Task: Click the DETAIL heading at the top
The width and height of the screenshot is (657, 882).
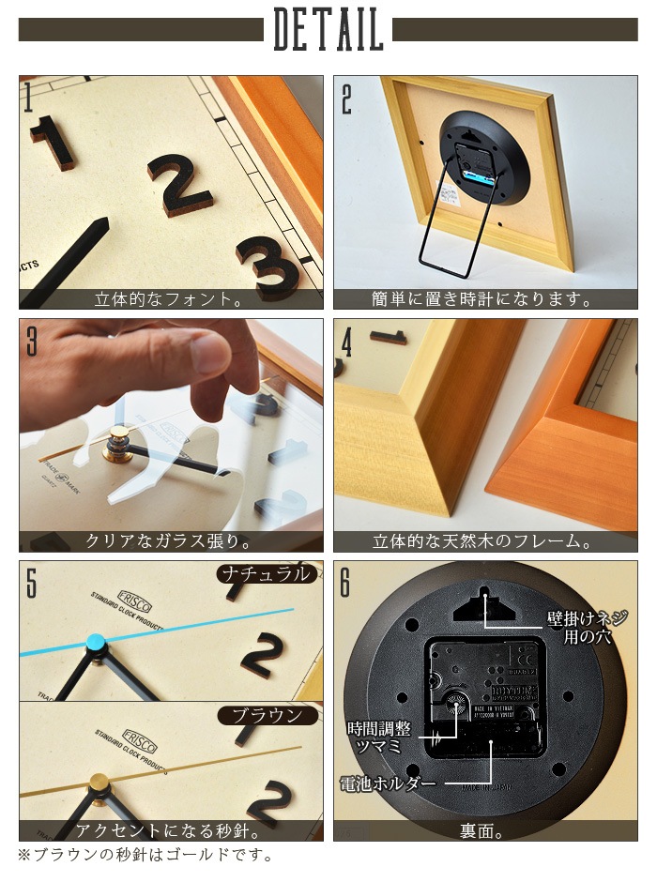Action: pyautogui.click(x=328, y=31)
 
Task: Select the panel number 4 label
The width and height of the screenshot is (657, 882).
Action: pyautogui.click(x=346, y=341)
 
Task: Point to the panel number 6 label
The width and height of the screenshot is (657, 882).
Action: pyautogui.click(x=345, y=582)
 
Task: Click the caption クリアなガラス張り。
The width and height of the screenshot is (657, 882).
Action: pyautogui.click(x=170, y=542)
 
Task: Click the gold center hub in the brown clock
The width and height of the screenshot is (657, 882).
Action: pyautogui.click(x=98, y=782)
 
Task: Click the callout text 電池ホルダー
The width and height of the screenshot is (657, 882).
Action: pyautogui.click(x=388, y=783)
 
